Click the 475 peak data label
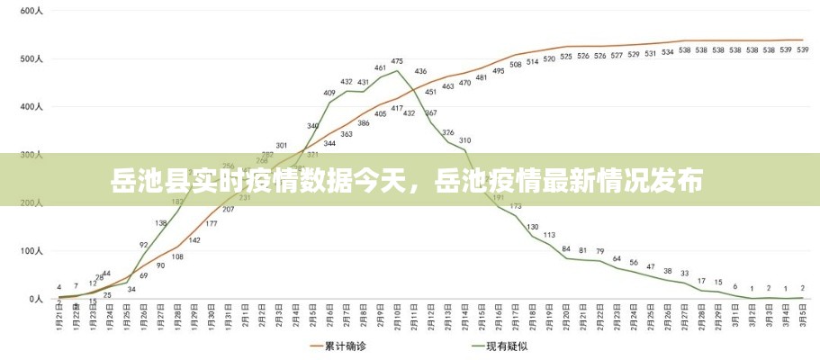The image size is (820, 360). pos(397,61)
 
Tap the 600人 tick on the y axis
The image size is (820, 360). pos(31,11)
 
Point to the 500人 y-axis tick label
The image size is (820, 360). pos(31,59)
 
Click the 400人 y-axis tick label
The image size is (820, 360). pos(31,107)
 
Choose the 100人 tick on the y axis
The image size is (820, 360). pos(31,250)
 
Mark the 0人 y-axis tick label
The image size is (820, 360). pos(34,298)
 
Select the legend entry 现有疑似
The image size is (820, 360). pos(503,346)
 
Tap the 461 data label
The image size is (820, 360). pos(380,68)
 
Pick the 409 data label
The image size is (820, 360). pos(329,93)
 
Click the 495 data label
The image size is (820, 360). pos(499,71)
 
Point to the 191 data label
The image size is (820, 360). pos(498,197)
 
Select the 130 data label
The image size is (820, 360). pos(533,227)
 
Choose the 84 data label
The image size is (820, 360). pos(566,248)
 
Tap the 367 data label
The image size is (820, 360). pos(430,113)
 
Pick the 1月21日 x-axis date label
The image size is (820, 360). pos(59,319)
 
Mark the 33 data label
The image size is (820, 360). pos(684,274)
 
